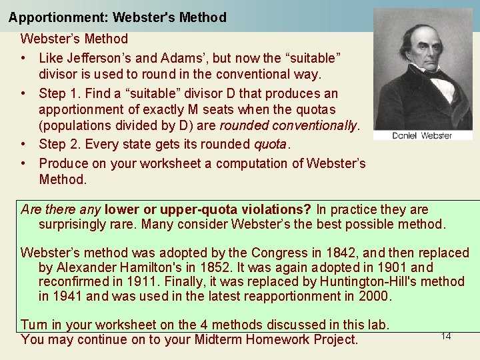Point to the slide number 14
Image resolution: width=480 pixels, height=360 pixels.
click(x=446, y=336)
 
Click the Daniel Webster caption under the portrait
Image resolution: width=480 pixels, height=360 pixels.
click(x=421, y=135)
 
